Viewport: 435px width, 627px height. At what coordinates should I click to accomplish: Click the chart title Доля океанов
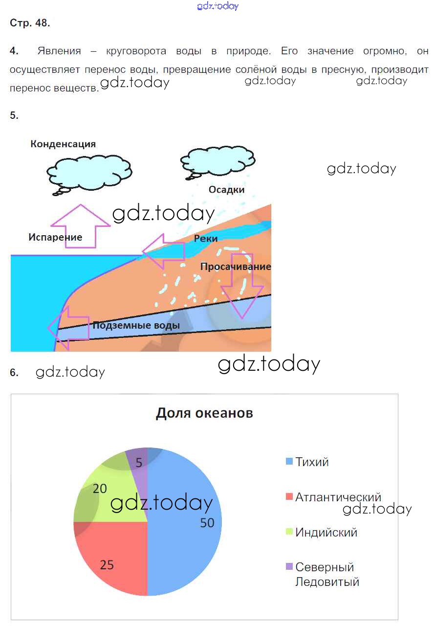click(204, 413)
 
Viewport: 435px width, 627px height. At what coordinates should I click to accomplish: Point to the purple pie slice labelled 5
click(139, 462)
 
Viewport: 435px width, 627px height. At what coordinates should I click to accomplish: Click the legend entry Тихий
click(312, 462)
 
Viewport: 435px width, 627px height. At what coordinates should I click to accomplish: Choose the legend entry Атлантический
click(338, 497)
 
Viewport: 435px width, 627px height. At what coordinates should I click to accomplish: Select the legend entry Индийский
click(326, 532)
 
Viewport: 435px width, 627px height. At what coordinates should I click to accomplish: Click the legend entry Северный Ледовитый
click(326, 574)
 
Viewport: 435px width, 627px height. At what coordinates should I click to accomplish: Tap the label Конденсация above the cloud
click(63, 144)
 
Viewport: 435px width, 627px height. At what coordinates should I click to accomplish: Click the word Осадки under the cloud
click(226, 190)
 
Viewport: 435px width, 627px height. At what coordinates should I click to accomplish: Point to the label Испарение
click(55, 237)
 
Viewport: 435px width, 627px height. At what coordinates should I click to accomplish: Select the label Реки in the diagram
click(206, 238)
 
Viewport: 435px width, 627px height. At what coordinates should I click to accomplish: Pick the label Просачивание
click(236, 267)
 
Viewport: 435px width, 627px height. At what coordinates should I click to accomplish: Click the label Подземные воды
click(136, 325)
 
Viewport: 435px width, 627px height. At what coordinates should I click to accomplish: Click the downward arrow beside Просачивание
click(240, 289)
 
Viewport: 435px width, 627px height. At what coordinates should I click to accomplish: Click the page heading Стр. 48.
click(30, 23)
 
